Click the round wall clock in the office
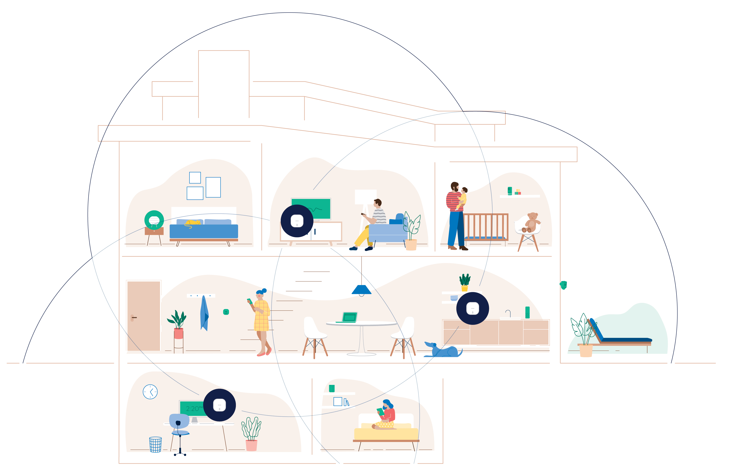tap(150, 392)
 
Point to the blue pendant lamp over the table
tap(361, 289)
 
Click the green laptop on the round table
tap(349, 317)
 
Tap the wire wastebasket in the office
tap(155, 444)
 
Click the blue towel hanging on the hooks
tap(204, 313)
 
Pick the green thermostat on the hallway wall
tap(226, 312)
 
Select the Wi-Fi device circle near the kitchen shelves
tap(472, 308)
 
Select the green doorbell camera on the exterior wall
tap(563, 285)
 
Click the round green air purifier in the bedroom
tap(154, 220)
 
